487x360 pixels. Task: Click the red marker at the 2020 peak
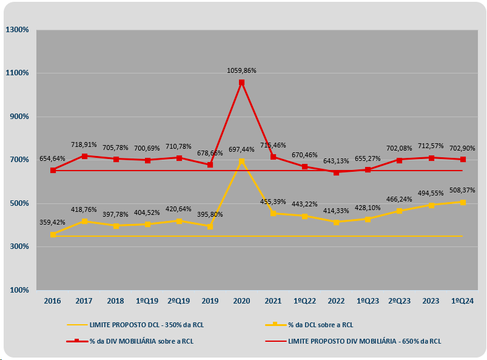coord(241,83)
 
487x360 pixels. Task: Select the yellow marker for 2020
coord(241,161)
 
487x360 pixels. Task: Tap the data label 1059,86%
coord(241,70)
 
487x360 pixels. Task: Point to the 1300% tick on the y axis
coord(17,30)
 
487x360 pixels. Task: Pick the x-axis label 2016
coord(53,301)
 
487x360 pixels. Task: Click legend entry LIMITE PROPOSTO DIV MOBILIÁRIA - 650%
coord(364,341)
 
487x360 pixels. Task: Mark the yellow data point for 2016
coord(53,234)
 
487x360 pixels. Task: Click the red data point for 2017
coord(84,156)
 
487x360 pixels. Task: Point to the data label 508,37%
coord(462,189)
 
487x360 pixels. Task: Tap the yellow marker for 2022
coord(336,222)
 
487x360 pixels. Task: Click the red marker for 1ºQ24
coord(462,160)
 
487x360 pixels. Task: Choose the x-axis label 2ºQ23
coord(399,301)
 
